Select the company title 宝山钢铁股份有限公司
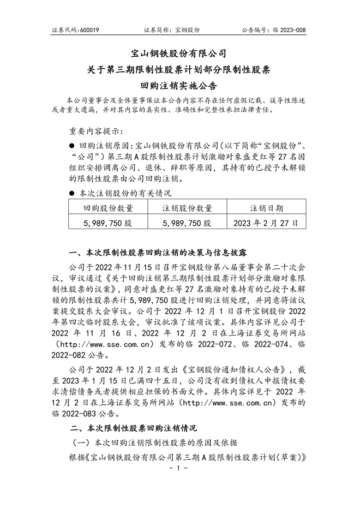179,53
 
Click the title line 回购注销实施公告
179,86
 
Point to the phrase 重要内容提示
96,132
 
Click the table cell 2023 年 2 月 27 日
266,223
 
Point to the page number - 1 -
179,468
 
